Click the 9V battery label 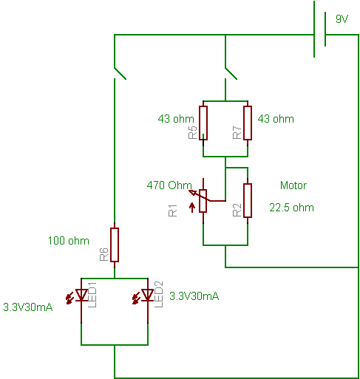[x=342, y=19]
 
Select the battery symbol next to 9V [x=319, y=30]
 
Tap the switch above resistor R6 [x=120, y=73]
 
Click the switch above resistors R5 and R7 [x=231, y=73]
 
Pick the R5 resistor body [x=203, y=123]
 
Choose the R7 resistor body [x=248, y=123]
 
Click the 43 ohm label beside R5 [x=176, y=119]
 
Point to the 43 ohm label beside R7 [x=276, y=119]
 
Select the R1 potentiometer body [x=203, y=201]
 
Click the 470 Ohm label [x=169, y=185]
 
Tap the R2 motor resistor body [x=248, y=200]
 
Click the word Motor [x=293, y=185]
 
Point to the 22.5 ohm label [x=291, y=208]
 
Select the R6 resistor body [x=115, y=245]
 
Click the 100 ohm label [x=69, y=241]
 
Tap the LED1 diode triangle [x=81, y=295]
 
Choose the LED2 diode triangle [x=148, y=295]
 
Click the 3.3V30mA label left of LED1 [x=28, y=307]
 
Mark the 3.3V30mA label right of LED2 [x=194, y=296]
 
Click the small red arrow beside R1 [x=192, y=208]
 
